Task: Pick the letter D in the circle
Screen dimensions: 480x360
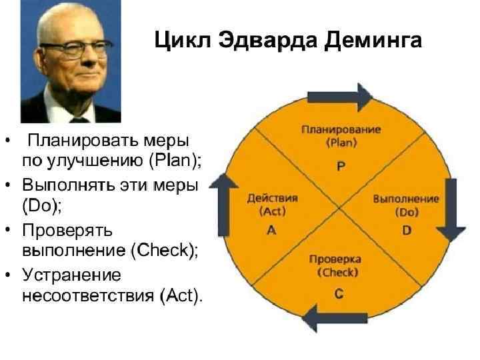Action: pyautogui.click(x=406, y=230)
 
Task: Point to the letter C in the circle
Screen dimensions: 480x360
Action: pyautogui.click(x=339, y=294)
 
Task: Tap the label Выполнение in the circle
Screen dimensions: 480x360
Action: pyautogui.click(x=405, y=199)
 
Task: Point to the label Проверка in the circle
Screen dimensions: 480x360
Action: pyautogui.click(x=338, y=259)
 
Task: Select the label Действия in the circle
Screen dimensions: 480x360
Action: pyautogui.click(x=272, y=198)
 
